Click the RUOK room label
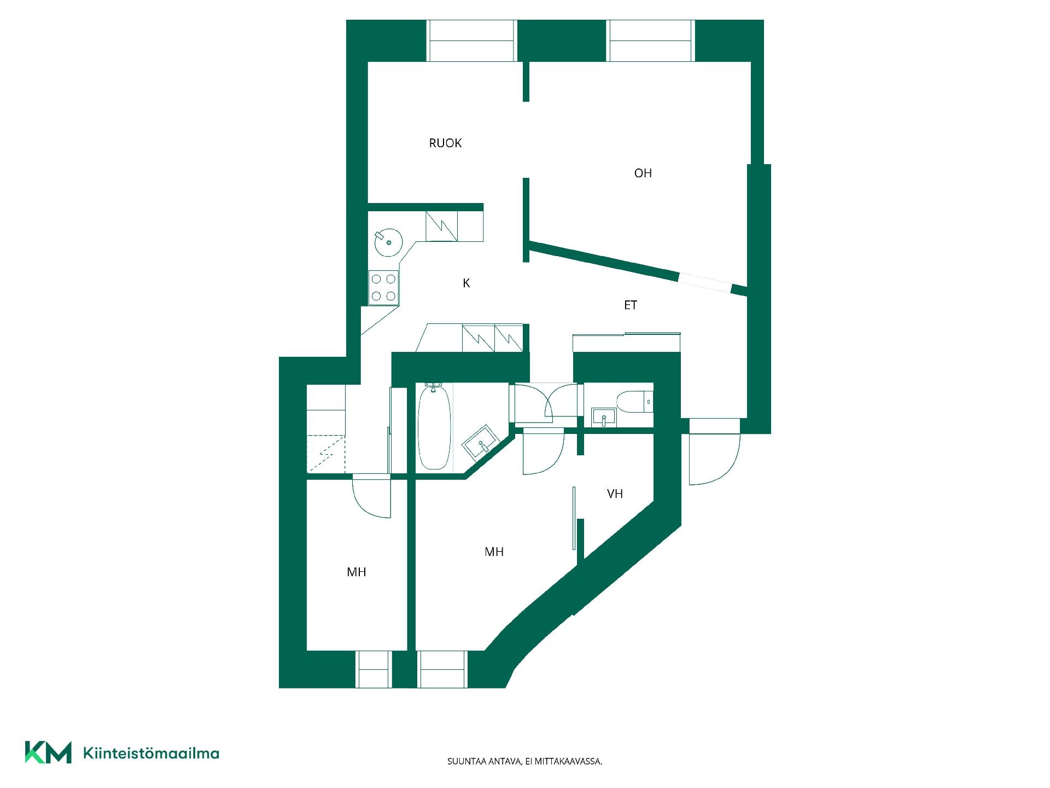click(445, 143)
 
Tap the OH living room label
click(643, 173)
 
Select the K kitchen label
click(466, 283)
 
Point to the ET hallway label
click(631, 305)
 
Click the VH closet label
click(615, 494)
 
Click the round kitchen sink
click(388, 242)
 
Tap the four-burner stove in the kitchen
click(383, 287)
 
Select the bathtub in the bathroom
click(434, 427)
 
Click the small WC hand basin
click(604, 417)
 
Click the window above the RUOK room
click(471, 41)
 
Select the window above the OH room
click(651, 41)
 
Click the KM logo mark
click(48, 752)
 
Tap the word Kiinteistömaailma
click(151, 754)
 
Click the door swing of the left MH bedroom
click(372, 497)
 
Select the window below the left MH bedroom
click(374, 669)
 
